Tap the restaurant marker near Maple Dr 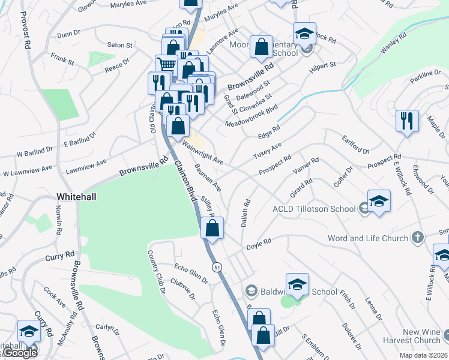point(407,121)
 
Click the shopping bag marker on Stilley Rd point(212,228)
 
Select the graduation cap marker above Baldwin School point(297,285)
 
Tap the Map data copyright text point(423,355)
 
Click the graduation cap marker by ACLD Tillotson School point(379,202)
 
